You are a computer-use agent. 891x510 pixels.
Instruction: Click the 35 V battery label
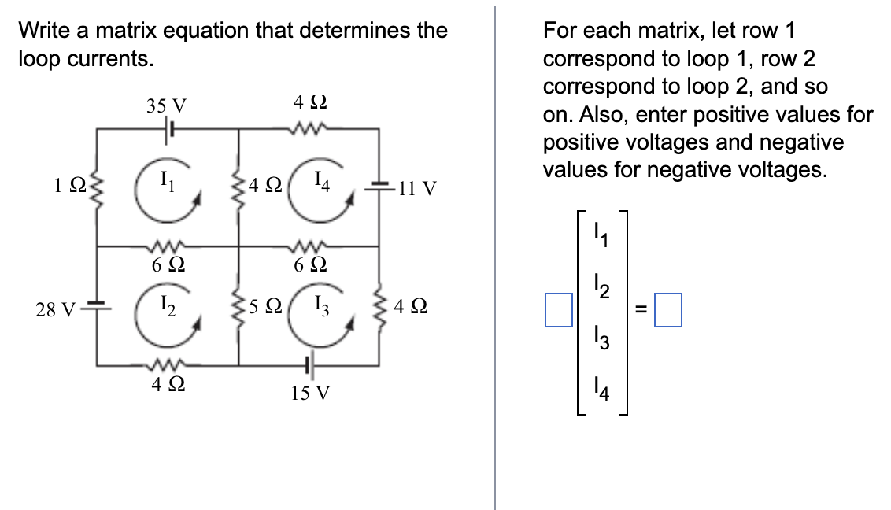166,105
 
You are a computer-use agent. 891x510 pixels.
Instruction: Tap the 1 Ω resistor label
67,187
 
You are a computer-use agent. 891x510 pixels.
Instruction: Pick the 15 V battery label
310,393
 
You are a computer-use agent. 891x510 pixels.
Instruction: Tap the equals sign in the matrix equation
641,310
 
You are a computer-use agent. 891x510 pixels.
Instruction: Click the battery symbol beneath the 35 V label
168,129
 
